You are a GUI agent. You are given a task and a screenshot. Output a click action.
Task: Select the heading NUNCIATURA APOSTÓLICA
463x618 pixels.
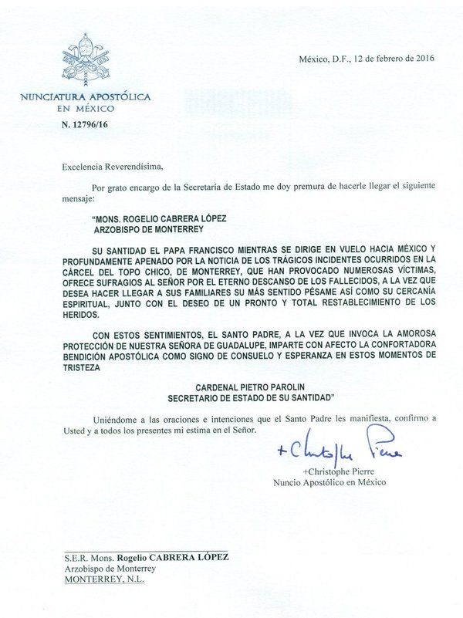85,97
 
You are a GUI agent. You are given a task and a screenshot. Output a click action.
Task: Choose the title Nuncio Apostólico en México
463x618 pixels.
330,482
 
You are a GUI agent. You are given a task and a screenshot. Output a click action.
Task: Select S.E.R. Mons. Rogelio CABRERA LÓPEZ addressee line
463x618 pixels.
146,557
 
